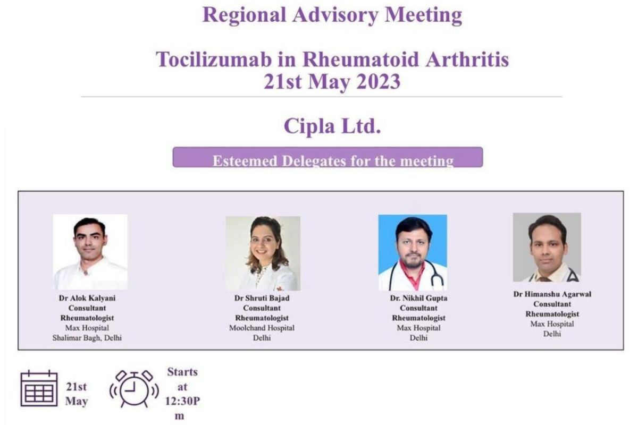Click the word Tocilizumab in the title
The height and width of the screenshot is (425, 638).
[x=214, y=59]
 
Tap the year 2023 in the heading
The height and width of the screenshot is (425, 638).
[x=378, y=82]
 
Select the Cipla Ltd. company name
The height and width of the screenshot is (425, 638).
[x=332, y=126]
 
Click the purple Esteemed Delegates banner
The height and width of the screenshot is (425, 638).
[x=328, y=157]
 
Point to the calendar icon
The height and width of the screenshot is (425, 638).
[x=39, y=388]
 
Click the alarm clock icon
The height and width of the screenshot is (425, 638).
[x=134, y=388]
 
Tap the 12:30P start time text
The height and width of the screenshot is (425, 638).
[x=182, y=401]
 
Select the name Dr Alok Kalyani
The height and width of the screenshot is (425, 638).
[x=87, y=298]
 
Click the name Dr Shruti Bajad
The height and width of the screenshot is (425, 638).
[x=262, y=298]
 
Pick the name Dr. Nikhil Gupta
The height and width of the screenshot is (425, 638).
[x=419, y=298]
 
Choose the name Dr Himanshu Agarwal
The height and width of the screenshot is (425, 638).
[x=552, y=294]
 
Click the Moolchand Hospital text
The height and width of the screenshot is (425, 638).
[x=262, y=328]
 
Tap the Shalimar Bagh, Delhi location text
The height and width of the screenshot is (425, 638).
[x=87, y=338]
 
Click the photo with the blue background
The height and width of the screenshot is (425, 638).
[x=413, y=252]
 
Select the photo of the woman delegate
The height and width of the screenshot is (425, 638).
[x=263, y=253]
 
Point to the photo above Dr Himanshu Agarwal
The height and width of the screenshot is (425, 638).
[x=547, y=247]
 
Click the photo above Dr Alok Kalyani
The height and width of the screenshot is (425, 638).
[x=90, y=252]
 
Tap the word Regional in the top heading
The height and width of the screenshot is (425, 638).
[x=244, y=15]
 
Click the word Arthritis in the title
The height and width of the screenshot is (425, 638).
[x=467, y=59]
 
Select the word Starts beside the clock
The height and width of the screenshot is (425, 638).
[x=182, y=372]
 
